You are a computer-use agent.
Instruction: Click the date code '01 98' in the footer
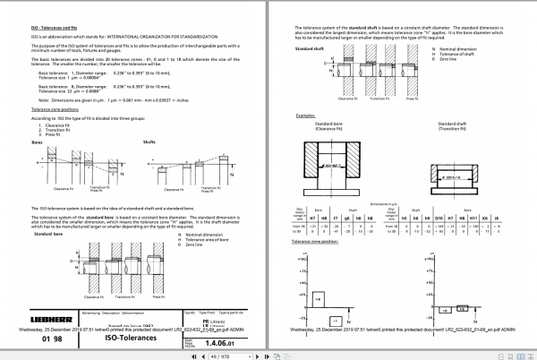point(52,339)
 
